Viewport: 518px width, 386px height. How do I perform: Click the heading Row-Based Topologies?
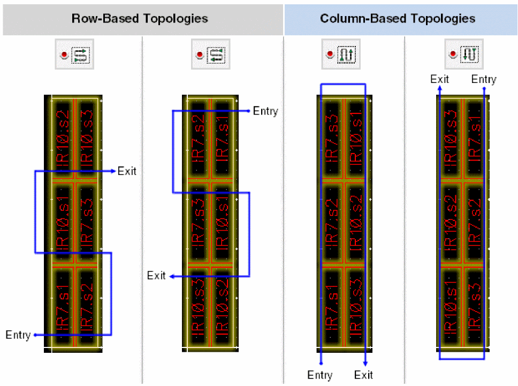point(140,19)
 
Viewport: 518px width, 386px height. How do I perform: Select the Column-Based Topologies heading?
point(398,19)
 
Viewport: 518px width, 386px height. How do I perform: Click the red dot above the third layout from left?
point(330,55)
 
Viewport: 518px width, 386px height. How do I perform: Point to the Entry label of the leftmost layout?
point(18,335)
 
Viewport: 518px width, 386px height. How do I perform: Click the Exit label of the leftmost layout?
point(127,171)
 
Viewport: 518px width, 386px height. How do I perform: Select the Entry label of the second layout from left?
point(265,111)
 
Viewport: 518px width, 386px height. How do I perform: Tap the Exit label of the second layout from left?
point(157,276)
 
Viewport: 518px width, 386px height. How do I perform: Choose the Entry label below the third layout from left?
point(320,375)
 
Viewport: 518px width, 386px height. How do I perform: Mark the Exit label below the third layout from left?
point(364,375)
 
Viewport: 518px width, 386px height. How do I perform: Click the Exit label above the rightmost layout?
point(440,80)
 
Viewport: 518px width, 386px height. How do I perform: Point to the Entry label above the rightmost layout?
point(484,80)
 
